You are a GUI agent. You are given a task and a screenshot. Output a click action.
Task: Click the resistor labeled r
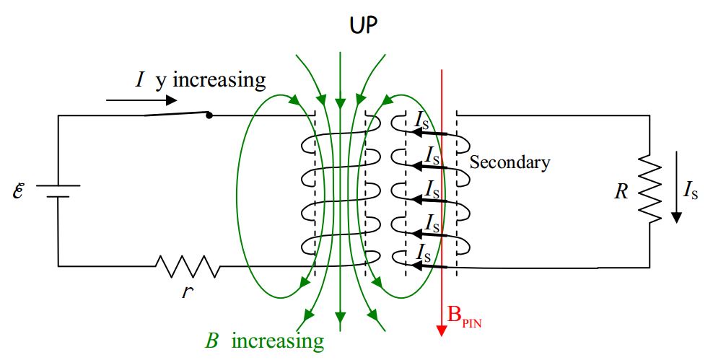[188, 266]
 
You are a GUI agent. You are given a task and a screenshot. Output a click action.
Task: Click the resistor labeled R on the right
[650, 191]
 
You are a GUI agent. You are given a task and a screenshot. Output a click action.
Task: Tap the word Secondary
[509, 162]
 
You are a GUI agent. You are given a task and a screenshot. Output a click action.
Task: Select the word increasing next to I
[219, 79]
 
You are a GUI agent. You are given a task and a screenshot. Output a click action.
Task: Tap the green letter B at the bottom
[212, 341]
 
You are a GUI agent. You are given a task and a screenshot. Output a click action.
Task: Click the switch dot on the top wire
[209, 115]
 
